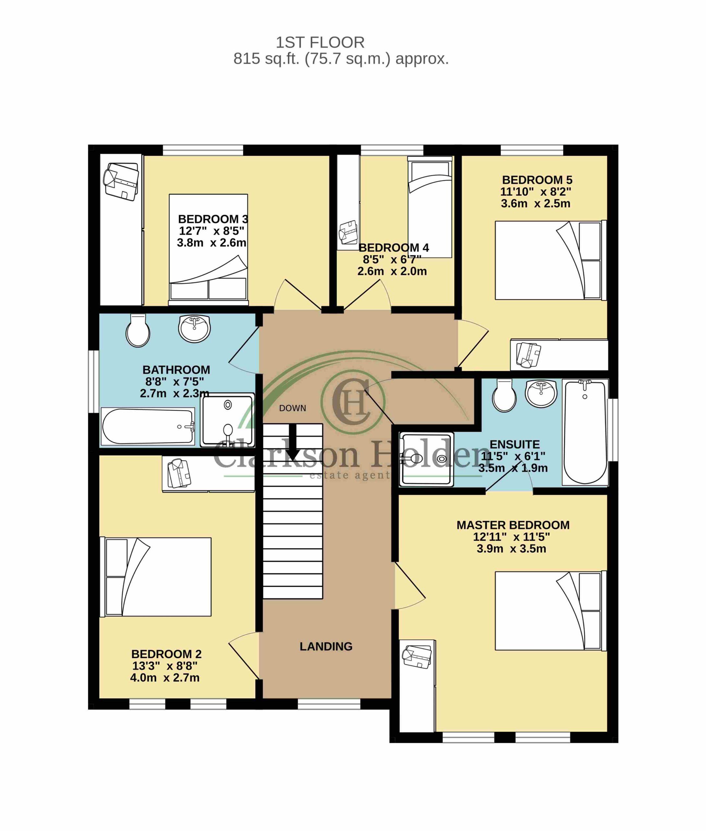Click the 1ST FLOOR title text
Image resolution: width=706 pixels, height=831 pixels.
320,42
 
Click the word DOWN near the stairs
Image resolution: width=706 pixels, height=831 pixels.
293,408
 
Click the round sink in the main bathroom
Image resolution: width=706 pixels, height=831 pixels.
194,329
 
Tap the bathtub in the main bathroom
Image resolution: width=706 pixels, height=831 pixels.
148,426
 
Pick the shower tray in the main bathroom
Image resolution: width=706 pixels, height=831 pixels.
227,419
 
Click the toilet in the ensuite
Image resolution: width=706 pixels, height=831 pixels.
504,395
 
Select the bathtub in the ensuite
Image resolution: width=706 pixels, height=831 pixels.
585,433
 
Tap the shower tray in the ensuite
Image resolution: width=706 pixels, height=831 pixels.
427,459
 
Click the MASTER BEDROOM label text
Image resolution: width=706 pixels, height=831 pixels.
513,525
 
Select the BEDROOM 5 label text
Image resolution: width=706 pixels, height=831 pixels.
537,180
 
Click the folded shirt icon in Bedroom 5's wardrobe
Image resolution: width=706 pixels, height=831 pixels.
528,354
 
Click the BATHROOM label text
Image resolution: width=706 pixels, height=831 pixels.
176,369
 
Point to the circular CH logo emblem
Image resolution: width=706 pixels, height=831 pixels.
353,402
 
